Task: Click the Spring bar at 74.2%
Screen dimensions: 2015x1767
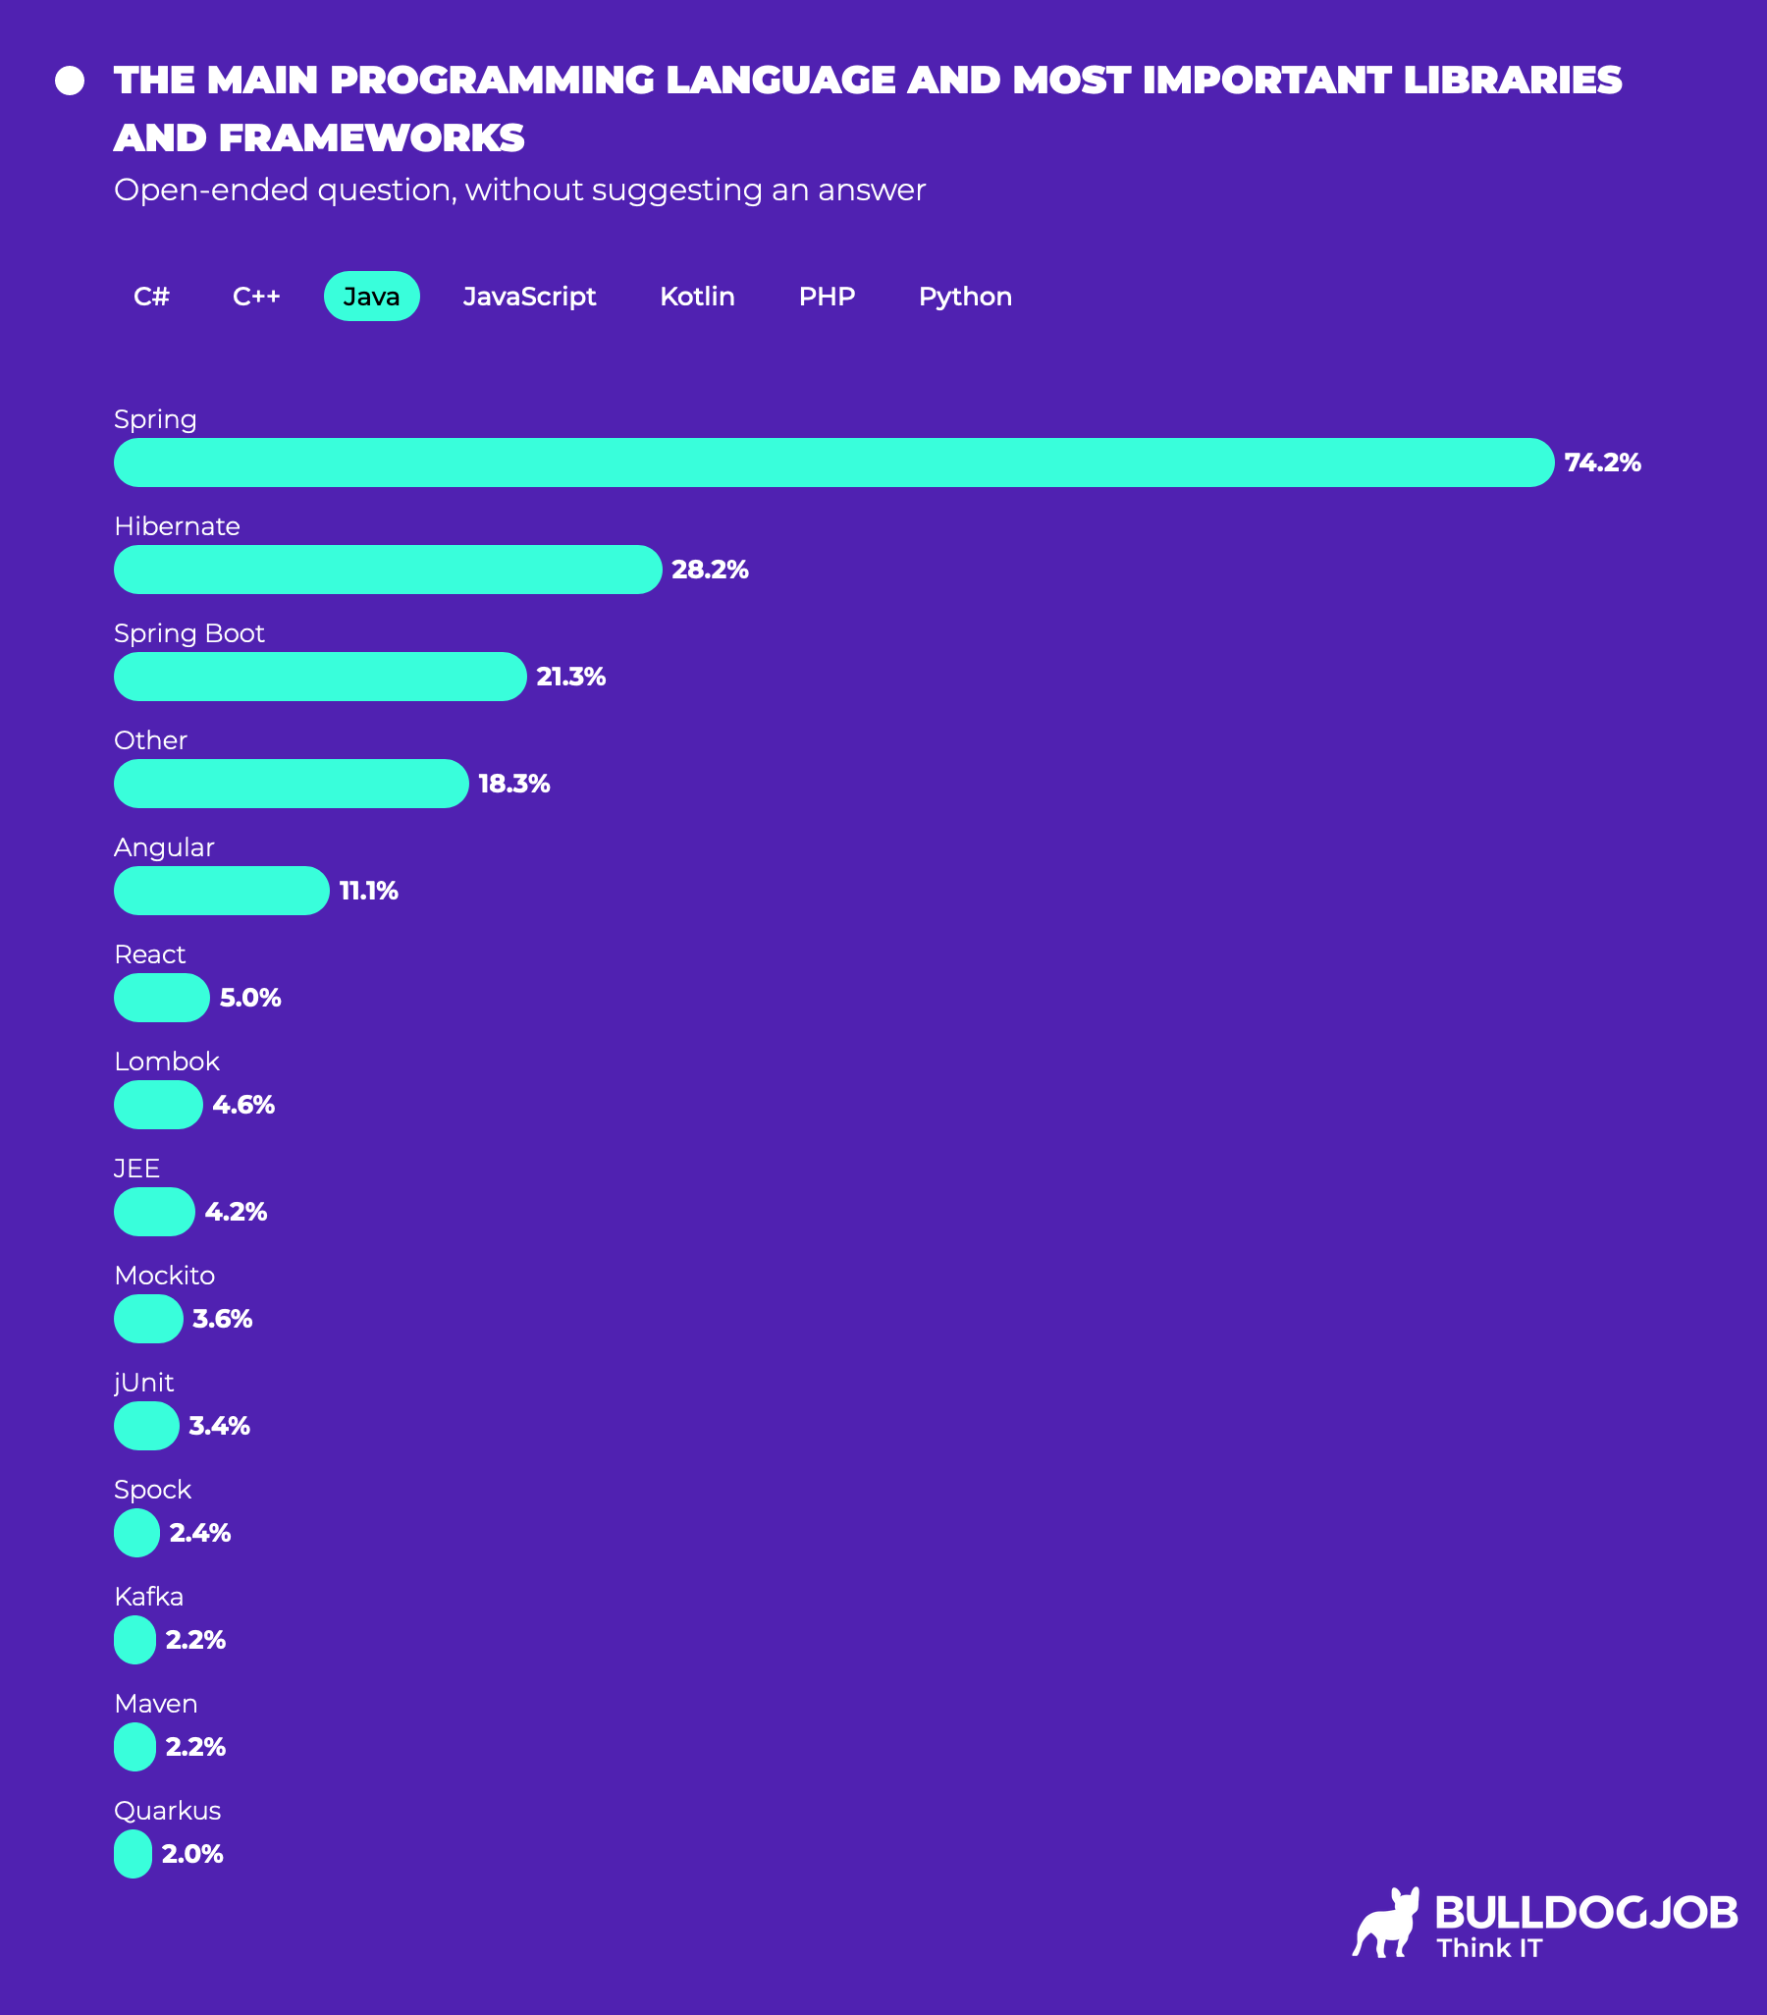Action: coord(833,463)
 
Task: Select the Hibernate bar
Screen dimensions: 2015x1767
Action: coord(388,570)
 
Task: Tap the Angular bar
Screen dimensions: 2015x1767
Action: coord(222,891)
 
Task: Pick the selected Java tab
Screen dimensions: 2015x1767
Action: coord(371,296)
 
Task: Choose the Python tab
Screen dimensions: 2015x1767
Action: coord(965,296)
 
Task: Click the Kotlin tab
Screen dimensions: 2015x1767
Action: coord(697,296)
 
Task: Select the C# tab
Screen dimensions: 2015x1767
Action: coord(152,296)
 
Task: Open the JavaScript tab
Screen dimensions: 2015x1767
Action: coord(529,296)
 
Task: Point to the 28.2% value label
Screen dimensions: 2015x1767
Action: coord(710,570)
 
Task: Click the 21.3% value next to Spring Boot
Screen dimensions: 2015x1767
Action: coord(570,677)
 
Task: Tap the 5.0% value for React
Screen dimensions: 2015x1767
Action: coord(250,998)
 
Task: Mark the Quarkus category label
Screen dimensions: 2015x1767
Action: coord(168,1811)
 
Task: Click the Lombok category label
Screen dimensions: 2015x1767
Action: coord(167,1062)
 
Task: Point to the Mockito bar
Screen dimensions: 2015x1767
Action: coord(149,1319)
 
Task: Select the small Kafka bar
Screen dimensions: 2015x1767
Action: coord(135,1640)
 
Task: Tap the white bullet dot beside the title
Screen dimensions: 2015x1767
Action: coord(70,81)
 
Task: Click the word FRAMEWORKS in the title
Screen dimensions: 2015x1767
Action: coord(371,138)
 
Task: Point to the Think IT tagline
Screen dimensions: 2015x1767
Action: coord(1488,1948)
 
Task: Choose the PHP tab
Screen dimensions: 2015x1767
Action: coord(826,296)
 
